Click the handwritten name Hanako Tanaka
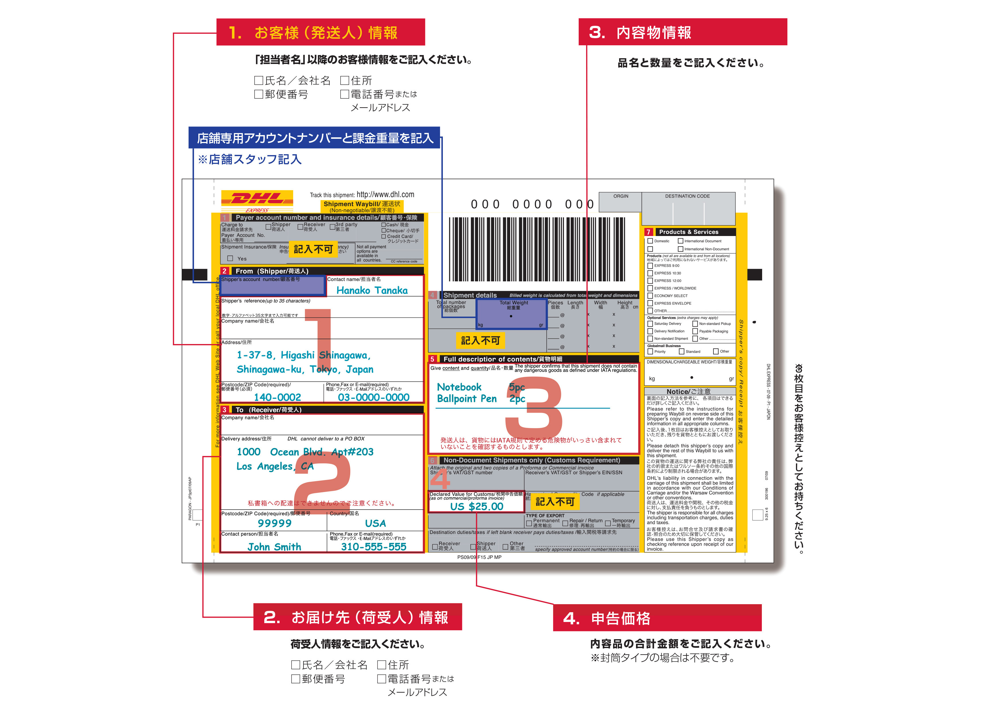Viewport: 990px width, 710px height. (372, 290)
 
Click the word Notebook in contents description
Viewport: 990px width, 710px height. (459, 387)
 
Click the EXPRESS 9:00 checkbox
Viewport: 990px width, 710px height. (650, 266)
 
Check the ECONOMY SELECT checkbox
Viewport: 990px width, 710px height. (650, 296)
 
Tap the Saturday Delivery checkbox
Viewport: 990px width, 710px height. (650, 323)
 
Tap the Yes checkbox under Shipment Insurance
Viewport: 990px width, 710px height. (230, 258)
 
